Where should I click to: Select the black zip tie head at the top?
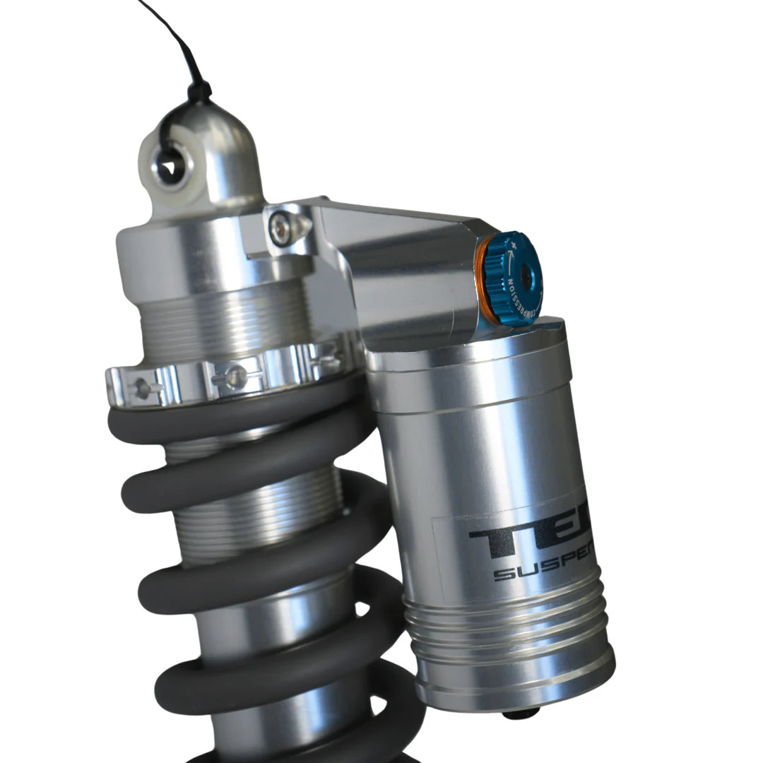(199, 91)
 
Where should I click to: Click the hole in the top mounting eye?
(170, 167)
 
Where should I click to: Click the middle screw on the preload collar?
(233, 377)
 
